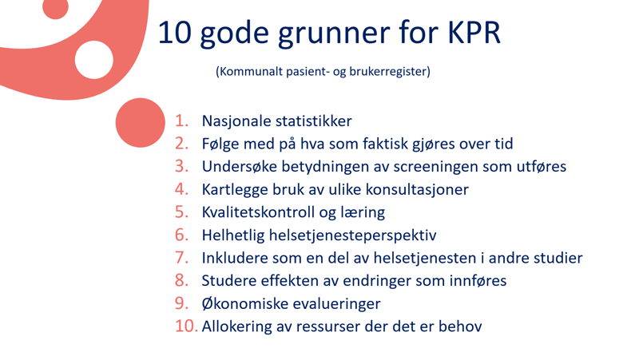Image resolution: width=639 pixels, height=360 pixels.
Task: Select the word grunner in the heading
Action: pos(329,34)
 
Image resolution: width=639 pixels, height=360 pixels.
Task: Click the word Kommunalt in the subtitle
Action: pos(250,71)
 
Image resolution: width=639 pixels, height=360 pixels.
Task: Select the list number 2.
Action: pos(182,144)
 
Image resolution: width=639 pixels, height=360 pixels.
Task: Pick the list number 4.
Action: pos(182,190)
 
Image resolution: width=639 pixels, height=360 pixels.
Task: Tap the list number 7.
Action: pos(182,258)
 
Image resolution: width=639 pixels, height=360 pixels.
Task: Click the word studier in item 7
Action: pos(558,258)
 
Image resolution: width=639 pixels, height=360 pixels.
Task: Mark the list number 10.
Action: pos(185,326)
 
